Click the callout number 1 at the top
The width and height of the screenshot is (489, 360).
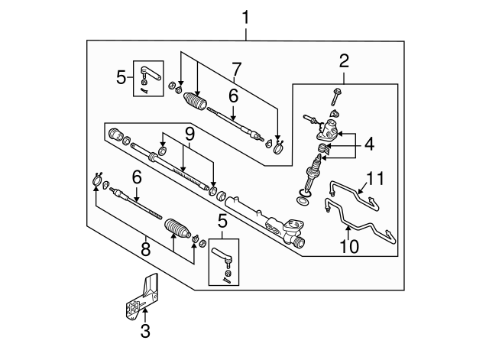246,15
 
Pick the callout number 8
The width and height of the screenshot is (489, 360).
144,248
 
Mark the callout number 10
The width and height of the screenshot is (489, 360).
347,246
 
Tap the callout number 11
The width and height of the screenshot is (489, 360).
372,178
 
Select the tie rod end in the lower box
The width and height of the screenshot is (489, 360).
225,256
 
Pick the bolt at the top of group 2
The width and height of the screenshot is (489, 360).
336,96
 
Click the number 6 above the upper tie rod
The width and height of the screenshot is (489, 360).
233,97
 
